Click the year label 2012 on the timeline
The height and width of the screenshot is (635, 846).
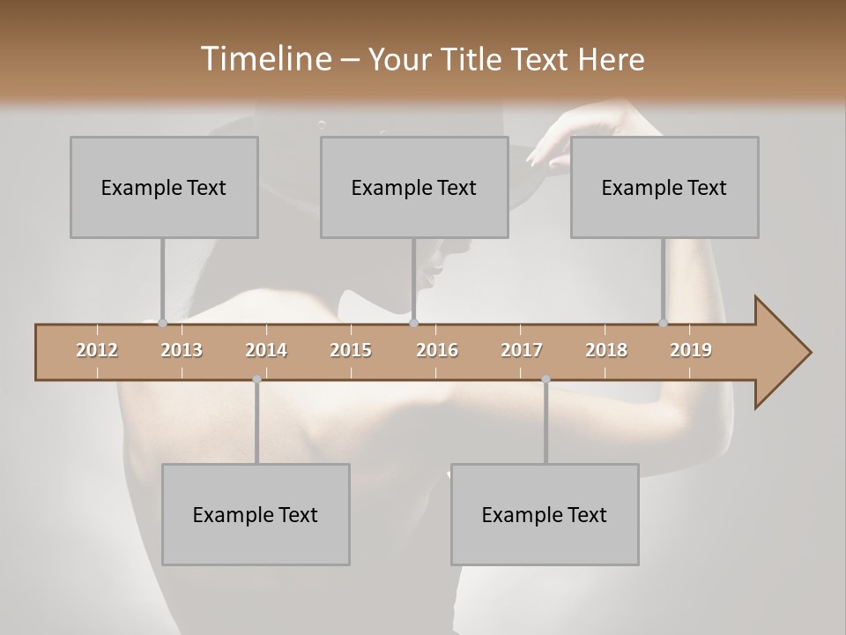97,350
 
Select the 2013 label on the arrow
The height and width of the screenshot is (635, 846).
182,350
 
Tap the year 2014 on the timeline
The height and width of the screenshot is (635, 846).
266,350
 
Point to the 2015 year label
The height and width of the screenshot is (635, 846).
351,350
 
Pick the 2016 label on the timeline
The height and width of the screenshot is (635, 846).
437,350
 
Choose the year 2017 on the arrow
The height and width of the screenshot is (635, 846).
522,350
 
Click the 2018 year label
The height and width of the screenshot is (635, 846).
606,350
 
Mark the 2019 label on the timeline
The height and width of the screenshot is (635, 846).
691,350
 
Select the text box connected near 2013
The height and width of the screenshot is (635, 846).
164,187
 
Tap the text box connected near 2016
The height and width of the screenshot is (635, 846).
414,187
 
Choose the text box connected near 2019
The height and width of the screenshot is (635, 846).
664,187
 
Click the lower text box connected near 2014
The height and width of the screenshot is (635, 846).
256,514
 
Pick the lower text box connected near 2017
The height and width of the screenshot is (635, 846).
545,514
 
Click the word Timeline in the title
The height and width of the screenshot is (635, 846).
265,59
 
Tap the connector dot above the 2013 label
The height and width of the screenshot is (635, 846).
162,323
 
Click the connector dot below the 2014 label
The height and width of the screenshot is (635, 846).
256,379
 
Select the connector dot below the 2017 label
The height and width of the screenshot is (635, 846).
545,379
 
